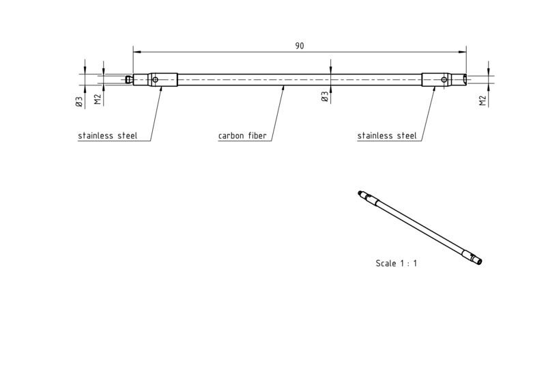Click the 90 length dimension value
[x=300, y=46]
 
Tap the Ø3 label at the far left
[x=79, y=102]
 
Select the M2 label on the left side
[x=98, y=99]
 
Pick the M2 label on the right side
[x=483, y=101]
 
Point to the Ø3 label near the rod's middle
[x=325, y=96]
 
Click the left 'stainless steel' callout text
[x=108, y=135]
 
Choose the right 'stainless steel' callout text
[x=387, y=135]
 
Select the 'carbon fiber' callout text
[x=242, y=135]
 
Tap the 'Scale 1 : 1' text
[x=397, y=264]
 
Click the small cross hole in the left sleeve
[x=156, y=80]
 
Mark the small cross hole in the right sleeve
[x=444, y=80]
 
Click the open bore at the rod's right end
[x=464, y=80]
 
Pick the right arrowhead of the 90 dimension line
[x=463, y=52]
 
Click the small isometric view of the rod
[x=420, y=228]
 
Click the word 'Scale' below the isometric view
[x=386, y=264]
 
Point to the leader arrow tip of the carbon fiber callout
[x=283, y=85]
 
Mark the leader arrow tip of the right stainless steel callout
[x=435, y=87]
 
